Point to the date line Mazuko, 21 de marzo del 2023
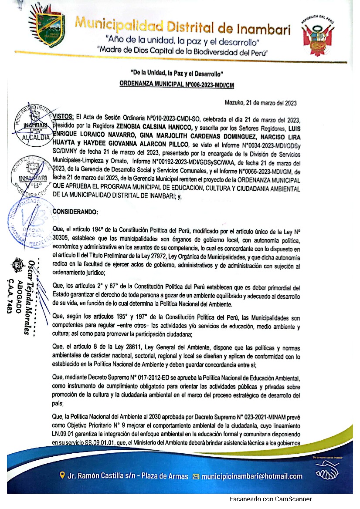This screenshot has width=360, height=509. pos(261,103)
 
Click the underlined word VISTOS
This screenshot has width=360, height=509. pos(63,117)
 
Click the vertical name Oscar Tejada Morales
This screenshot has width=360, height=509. pos(30,296)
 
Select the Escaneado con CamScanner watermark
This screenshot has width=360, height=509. pos(271,499)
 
